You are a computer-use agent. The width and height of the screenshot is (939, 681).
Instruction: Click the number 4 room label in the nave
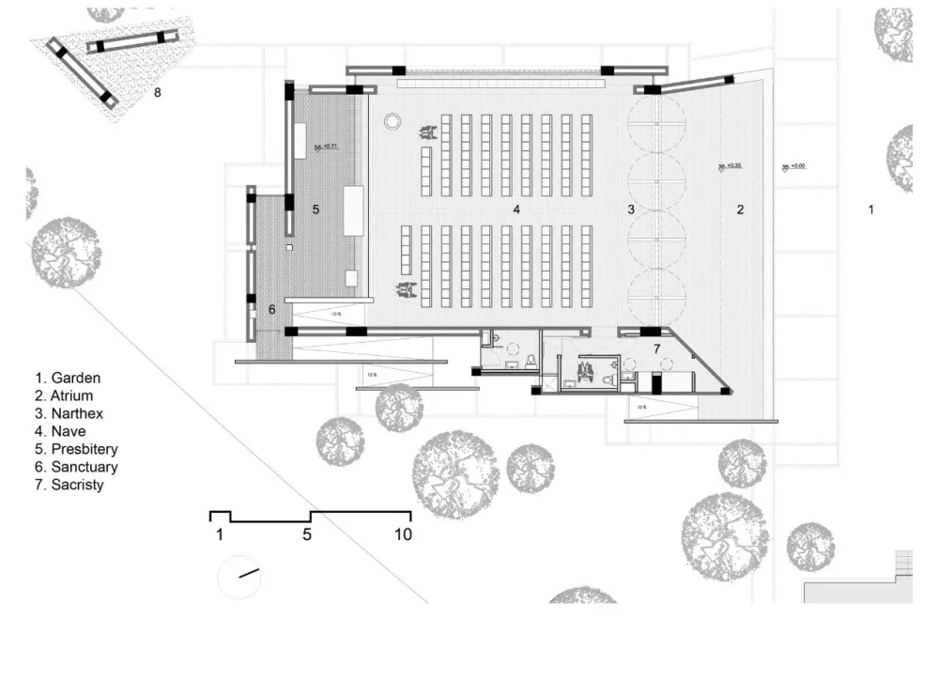(516, 209)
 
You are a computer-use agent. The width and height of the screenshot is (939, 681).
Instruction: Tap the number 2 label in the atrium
(740, 209)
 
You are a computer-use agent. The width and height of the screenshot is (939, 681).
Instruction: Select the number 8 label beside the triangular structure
(158, 92)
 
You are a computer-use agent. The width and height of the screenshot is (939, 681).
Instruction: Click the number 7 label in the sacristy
(657, 349)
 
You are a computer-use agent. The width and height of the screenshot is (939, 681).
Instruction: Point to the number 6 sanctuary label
(272, 309)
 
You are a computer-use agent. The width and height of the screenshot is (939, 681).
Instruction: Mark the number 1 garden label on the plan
(870, 209)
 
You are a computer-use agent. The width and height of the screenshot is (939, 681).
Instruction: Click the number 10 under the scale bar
(402, 535)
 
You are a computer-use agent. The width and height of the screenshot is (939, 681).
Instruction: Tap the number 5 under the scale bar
(307, 535)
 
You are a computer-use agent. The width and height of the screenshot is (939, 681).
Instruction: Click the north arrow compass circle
(240, 576)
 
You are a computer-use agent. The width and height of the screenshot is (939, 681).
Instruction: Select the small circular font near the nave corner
(393, 120)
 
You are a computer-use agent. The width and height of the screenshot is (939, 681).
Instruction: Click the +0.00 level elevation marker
(794, 166)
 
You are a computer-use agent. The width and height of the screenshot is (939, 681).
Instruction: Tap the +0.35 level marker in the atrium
(730, 165)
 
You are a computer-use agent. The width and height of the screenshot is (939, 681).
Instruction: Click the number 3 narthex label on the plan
(632, 209)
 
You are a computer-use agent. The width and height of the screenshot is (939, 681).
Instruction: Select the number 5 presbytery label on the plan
(316, 209)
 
